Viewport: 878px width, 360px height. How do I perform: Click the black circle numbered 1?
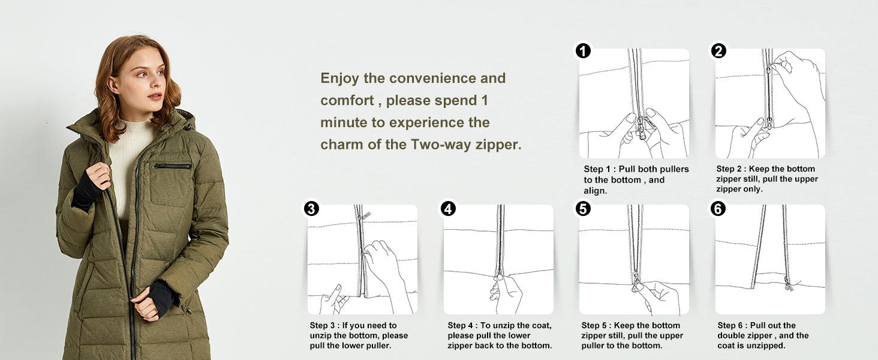pyautogui.click(x=583, y=51)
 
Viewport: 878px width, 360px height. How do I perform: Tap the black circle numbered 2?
pyautogui.click(x=718, y=51)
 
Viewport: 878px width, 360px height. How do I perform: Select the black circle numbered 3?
pyautogui.click(x=311, y=209)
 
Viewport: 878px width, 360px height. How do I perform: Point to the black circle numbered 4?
pyautogui.click(x=448, y=209)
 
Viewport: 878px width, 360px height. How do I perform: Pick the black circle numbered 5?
pyautogui.click(x=583, y=209)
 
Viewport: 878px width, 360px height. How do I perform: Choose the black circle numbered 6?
pyautogui.click(x=718, y=209)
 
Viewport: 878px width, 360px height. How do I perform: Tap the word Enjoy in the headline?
pyautogui.click(x=339, y=79)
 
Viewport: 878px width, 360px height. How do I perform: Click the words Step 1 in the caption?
pyautogui.click(x=597, y=169)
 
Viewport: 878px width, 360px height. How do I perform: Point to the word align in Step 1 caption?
pyautogui.click(x=595, y=191)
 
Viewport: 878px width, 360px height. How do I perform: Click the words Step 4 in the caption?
pyautogui.click(x=461, y=325)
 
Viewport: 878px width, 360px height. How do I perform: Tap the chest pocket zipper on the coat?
pyautogui.click(x=173, y=166)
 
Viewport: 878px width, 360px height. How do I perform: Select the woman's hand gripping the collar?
pyautogui.click(x=98, y=175)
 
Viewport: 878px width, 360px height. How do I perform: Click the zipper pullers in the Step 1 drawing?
pyautogui.click(x=642, y=128)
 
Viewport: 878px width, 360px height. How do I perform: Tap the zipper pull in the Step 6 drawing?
pyautogui.click(x=788, y=283)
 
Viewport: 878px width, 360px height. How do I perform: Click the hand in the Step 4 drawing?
pyautogui.click(x=506, y=293)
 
